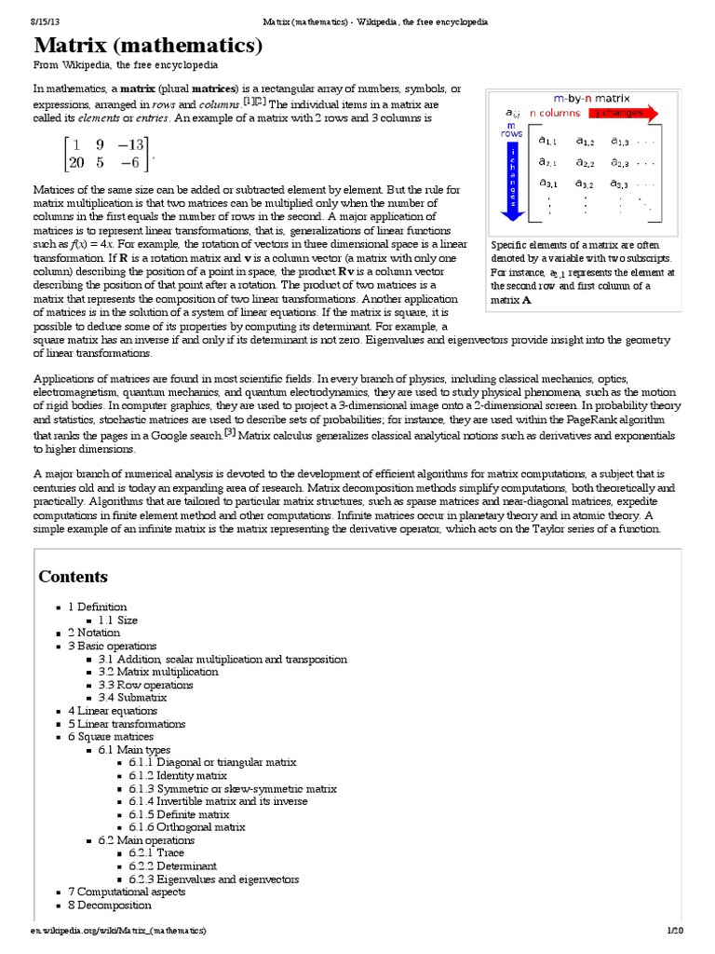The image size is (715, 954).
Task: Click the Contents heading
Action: (73, 577)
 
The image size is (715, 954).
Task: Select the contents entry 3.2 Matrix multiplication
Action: (158, 672)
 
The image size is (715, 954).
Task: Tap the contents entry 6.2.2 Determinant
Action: (172, 865)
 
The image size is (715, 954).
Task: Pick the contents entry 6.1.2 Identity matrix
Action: (178, 775)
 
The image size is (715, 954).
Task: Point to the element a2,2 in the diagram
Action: (585, 163)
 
